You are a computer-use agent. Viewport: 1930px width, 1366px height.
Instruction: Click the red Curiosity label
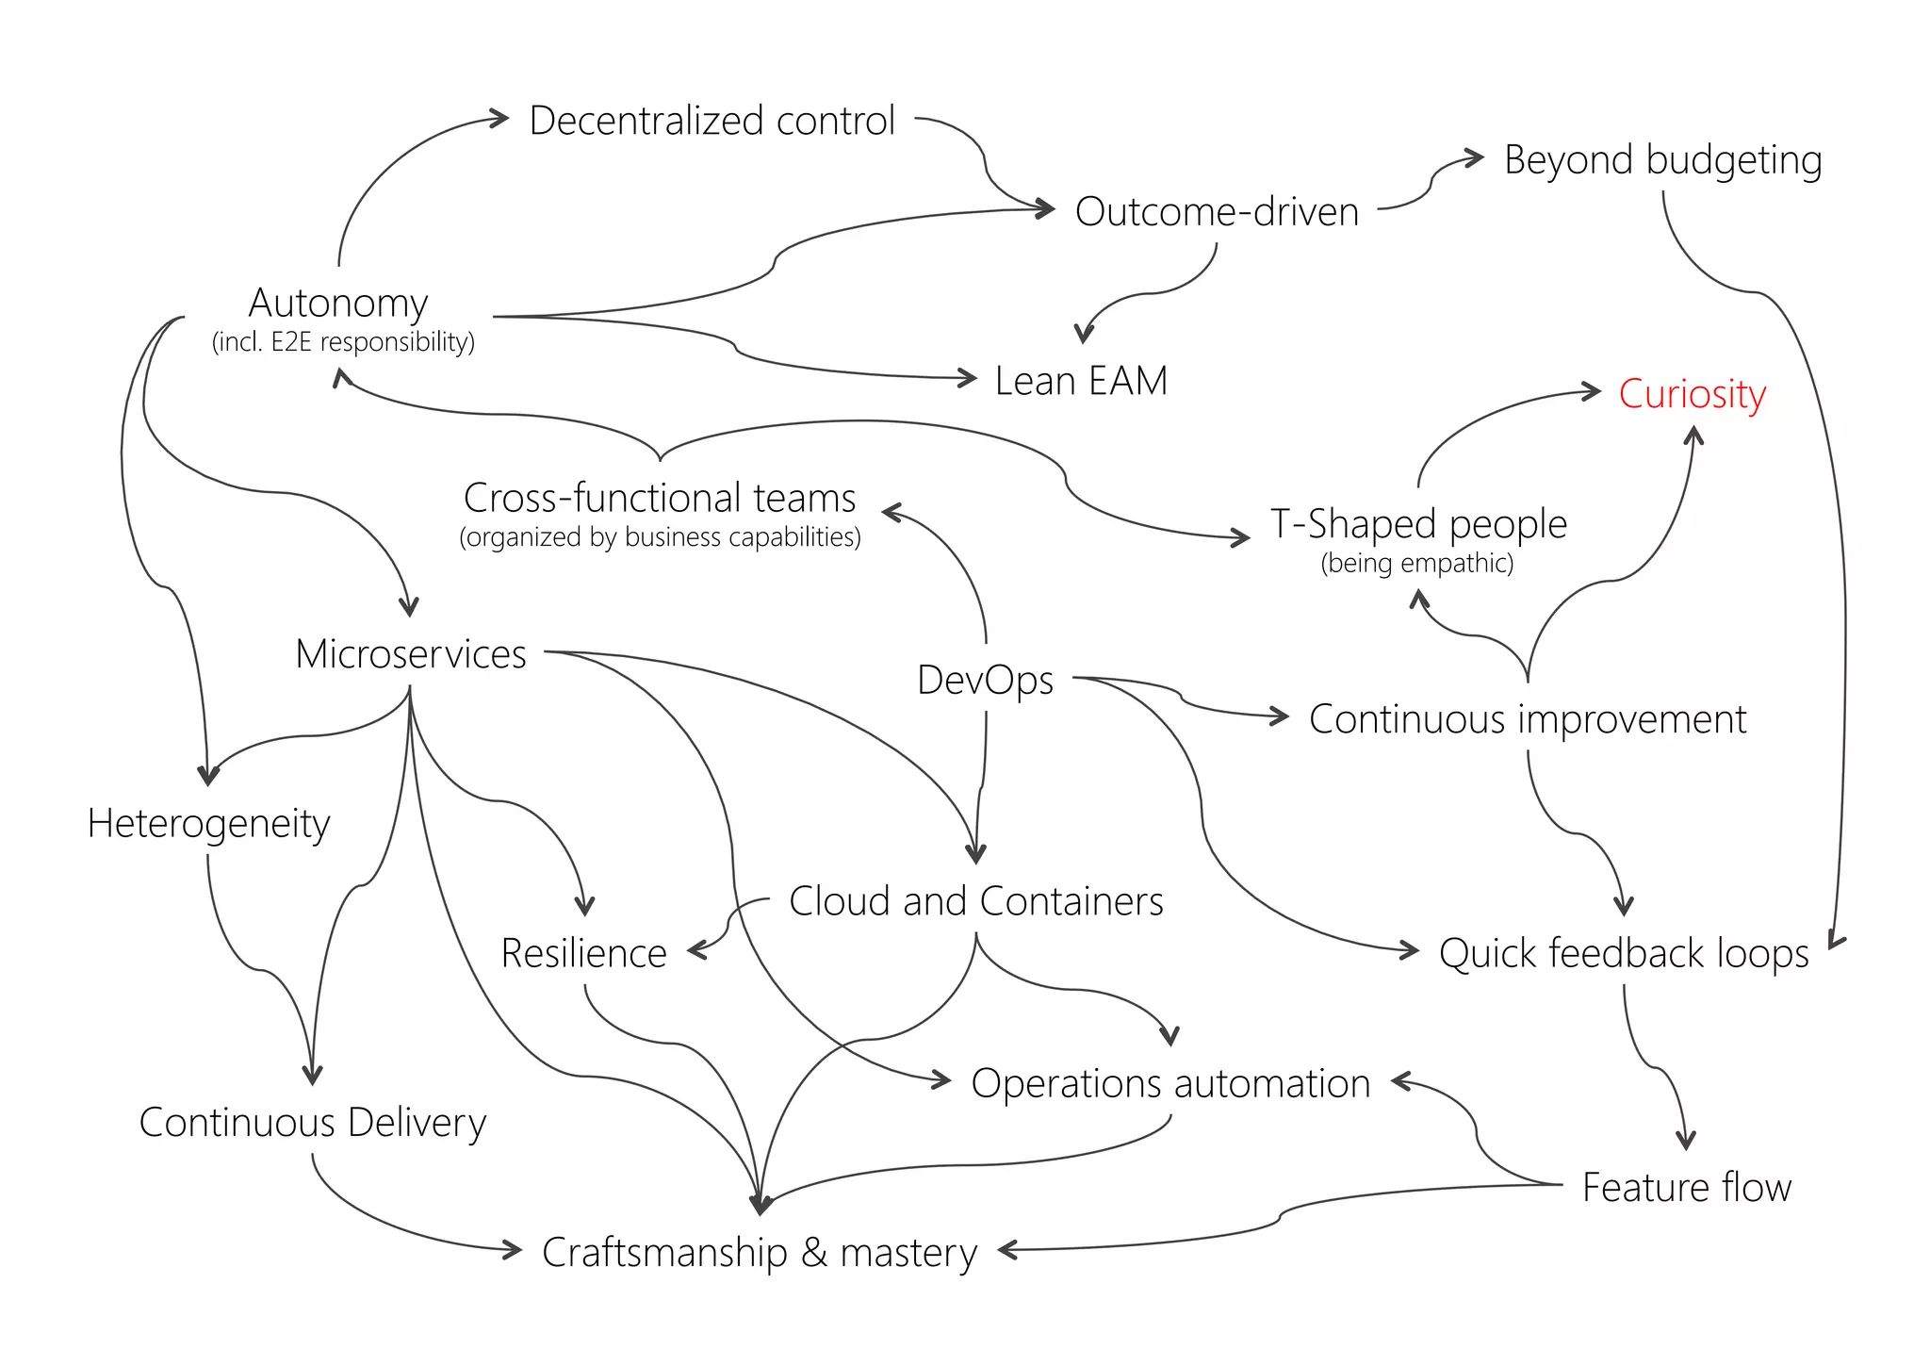pyautogui.click(x=1692, y=394)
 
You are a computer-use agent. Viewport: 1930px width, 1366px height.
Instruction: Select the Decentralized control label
pyautogui.click(x=711, y=121)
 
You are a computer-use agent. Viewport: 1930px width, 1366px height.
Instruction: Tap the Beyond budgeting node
pyautogui.click(x=1662, y=159)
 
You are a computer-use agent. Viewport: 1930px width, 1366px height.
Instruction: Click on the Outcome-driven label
pyautogui.click(x=1217, y=212)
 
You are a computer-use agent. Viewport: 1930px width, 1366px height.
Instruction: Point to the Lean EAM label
pyautogui.click(x=1081, y=381)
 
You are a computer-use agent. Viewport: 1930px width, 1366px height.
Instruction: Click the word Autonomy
pyautogui.click(x=338, y=304)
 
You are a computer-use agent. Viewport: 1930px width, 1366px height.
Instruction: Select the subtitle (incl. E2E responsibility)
pyautogui.click(x=343, y=341)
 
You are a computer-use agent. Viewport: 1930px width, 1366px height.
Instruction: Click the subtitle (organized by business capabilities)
pyautogui.click(x=660, y=537)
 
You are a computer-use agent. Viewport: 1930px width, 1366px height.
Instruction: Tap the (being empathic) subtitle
pyautogui.click(x=1416, y=563)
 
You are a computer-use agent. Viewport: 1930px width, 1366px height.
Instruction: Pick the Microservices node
pyautogui.click(x=411, y=654)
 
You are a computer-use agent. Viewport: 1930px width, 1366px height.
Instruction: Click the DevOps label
pyautogui.click(x=985, y=680)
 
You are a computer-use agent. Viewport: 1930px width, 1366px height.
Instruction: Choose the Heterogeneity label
pyautogui.click(x=208, y=824)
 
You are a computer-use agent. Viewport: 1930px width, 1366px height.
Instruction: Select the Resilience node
pyautogui.click(x=583, y=953)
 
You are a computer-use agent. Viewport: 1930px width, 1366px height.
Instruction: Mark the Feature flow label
pyautogui.click(x=1686, y=1187)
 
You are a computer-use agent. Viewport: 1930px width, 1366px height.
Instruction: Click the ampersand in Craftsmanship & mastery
pyautogui.click(x=813, y=1253)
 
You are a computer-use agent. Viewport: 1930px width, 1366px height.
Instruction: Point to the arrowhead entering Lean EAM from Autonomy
pyautogui.click(x=968, y=378)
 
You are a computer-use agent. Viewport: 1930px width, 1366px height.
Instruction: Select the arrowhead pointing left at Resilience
pyautogui.click(x=696, y=950)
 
